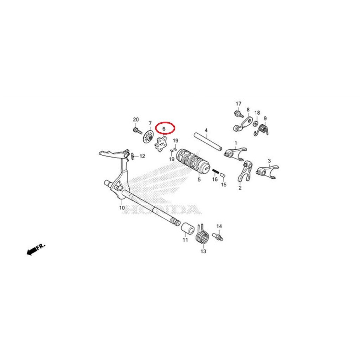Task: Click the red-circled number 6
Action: (x=164, y=129)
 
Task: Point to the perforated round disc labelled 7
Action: (x=148, y=137)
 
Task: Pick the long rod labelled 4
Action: (x=208, y=141)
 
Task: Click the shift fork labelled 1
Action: (x=235, y=154)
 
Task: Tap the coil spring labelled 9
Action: (x=262, y=129)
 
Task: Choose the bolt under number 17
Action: (x=238, y=114)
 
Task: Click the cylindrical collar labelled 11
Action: (x=188, y=228)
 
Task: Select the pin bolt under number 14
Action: (x=218, y=237)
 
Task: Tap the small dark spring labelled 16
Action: (x=215, y=172)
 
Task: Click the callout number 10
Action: (x=122, y=208)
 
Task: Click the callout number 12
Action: (x=142, y=156)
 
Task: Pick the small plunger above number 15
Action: (x=223, y=175)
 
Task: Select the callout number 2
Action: (x=240, y=188)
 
